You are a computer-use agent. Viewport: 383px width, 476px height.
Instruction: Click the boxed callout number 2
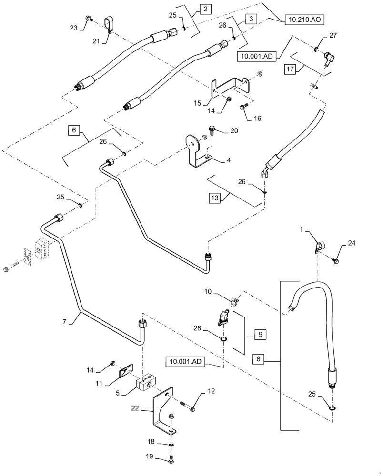click(205, 9)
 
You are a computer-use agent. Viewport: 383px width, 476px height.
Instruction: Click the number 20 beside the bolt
click(234, 131)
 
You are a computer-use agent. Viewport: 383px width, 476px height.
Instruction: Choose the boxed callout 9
click(260, 335)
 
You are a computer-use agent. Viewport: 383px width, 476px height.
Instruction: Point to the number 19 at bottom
click(150, 457)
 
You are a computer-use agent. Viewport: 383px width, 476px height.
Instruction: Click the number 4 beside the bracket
click(229, 160)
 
